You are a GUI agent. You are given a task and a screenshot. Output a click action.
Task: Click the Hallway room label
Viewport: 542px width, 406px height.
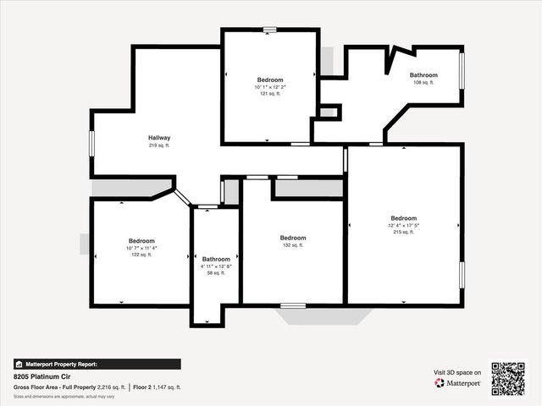click(x=159, y=138)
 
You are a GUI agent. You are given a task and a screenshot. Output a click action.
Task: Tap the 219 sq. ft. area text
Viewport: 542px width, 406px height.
click(x=159, y=146)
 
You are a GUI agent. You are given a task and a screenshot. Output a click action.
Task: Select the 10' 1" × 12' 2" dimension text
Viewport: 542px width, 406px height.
click(x=270, y=87)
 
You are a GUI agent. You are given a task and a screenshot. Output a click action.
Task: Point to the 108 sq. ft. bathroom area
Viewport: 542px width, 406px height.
click(x=423, y=83)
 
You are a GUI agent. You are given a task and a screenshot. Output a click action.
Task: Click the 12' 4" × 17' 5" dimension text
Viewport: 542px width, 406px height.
click(x=404, y=225)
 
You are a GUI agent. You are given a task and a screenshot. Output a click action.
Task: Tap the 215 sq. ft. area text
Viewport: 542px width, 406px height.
click(x=404, y=232)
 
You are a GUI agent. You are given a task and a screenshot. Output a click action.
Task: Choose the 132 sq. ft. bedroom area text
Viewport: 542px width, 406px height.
click(x=293, y=245)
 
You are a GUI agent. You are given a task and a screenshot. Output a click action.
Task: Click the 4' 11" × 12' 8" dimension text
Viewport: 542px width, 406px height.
click(x=216, y=266)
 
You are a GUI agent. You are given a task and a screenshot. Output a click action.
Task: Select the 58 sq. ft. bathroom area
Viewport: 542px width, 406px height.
click(x=216, y=273)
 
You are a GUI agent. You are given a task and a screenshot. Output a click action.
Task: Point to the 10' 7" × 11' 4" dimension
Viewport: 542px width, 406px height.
click(x=141, y=248)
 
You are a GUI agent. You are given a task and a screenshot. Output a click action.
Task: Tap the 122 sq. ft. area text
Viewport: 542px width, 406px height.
click(x=141, y=255)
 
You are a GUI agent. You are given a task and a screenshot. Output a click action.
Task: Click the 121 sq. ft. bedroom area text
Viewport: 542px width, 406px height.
click(x=270, y=94)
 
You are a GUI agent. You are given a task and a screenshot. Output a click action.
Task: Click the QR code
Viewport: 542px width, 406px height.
click(x=508, y=378)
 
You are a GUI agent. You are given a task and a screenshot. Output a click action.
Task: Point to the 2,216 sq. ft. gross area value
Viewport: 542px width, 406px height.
click(x=112, y=387)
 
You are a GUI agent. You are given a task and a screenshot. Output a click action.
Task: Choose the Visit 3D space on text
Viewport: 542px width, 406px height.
click(x=457, y=372)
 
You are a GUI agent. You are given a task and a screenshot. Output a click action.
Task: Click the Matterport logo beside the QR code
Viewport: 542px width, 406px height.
click(x=458, y=383)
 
